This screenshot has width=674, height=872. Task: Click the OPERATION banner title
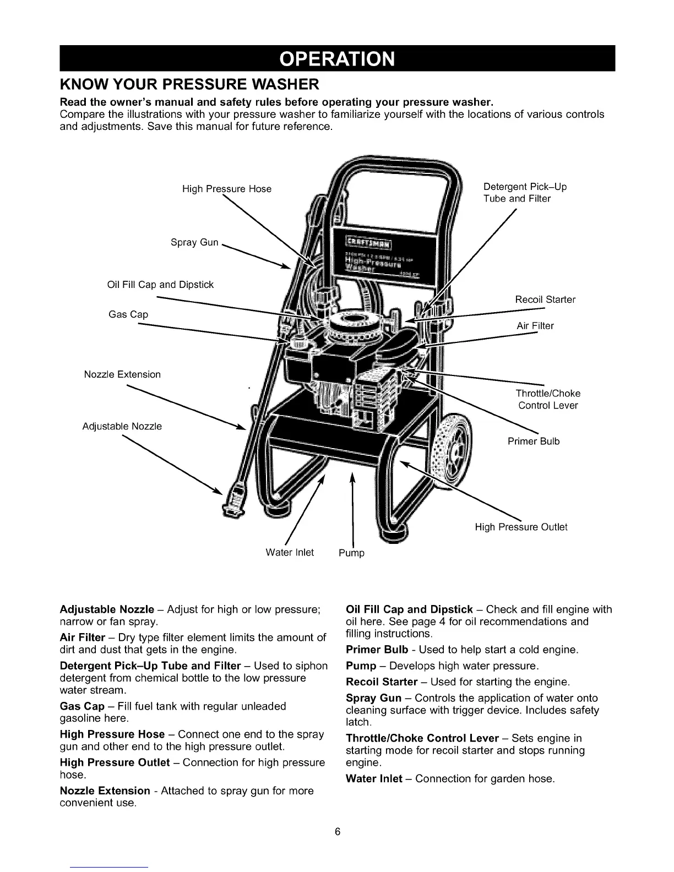(336, 59)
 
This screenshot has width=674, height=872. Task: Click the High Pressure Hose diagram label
(227, 189)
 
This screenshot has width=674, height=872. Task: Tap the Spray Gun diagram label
(194, 242)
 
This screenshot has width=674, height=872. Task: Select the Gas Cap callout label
(128, 314)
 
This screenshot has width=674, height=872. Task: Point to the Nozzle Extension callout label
(122, 374)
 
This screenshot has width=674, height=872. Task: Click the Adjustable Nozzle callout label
(122, 426)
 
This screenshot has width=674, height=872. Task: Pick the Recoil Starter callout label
(545, 299)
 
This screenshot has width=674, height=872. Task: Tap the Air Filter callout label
(535, 326)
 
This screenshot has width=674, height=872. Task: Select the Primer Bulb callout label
(533, 441)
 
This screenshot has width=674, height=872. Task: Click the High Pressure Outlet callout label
(521, 527)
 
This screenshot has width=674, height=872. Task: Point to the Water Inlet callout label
(290, 552)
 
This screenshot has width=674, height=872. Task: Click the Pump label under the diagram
(351, 553)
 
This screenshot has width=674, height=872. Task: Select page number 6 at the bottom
(337, 831)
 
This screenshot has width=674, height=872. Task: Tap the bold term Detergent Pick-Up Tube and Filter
(150, 666)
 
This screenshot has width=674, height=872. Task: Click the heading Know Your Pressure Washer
(189, 85)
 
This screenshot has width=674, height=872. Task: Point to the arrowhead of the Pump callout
(352, 475)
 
